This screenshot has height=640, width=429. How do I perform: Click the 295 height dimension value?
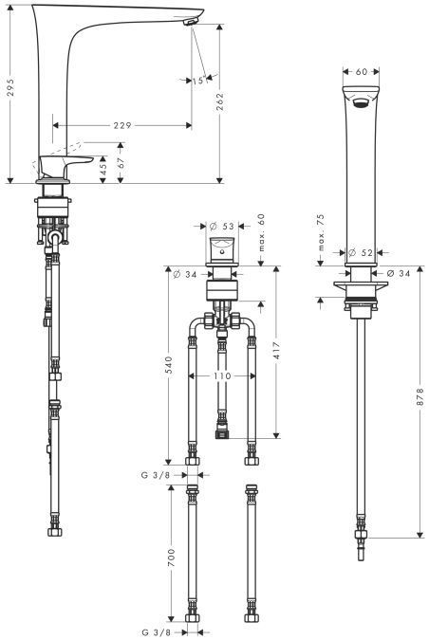click(10, 87)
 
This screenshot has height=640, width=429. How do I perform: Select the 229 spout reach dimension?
click(122, 125)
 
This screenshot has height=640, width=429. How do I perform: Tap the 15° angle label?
click(200, 81)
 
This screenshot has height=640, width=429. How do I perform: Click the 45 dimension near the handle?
click(103, 169)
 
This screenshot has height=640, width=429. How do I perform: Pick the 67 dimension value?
click(121, 163)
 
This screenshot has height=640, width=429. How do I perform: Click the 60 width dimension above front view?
click(362, 72)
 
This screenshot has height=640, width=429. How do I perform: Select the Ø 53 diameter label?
click(222, 226)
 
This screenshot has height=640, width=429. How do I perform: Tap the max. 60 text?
click(262, 232)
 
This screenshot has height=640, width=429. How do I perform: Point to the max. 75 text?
click(321, 232)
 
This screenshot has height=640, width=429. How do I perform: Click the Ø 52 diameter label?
click(361, 253)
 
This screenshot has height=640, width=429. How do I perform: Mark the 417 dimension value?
click(276, 351)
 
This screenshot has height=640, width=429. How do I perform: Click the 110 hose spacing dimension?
click(222, 375)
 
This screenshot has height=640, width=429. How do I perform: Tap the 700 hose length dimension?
click(171, 558)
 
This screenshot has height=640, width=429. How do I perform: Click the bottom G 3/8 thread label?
click(156, 632)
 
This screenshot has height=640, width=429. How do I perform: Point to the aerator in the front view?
click(362, 102)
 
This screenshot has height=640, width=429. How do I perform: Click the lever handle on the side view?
click(65, 164)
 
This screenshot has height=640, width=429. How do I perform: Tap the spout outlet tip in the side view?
click(189, 23)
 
